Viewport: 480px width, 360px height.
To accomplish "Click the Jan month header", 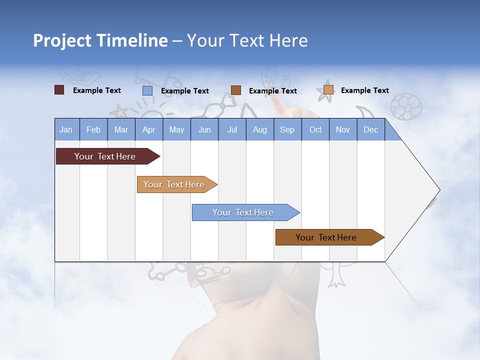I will tap(66, 129).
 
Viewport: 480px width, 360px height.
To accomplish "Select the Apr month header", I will tap(148, 129).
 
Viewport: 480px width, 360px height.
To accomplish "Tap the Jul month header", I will tap(232, 129).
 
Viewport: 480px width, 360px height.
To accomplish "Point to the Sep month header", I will tap(287, 129).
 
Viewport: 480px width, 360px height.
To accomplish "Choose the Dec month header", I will tap(370, 129).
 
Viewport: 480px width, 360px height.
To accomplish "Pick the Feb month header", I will tap(93, 129).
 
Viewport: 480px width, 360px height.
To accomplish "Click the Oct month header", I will tap(315, 129).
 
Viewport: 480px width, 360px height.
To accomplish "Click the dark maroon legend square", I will tap(59, 90).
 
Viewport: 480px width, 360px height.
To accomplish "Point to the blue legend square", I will tap(147, 90).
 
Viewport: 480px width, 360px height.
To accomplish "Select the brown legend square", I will tap(236, 90).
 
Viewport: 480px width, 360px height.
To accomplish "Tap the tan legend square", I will tap(328, 90).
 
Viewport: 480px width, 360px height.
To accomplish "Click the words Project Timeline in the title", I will tap(100, 40).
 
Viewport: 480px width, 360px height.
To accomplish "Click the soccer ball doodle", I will tap(406, 106).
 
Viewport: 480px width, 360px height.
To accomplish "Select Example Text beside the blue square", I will tap(185, 91).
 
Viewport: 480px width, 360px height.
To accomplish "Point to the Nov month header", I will tap(343, 129).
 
